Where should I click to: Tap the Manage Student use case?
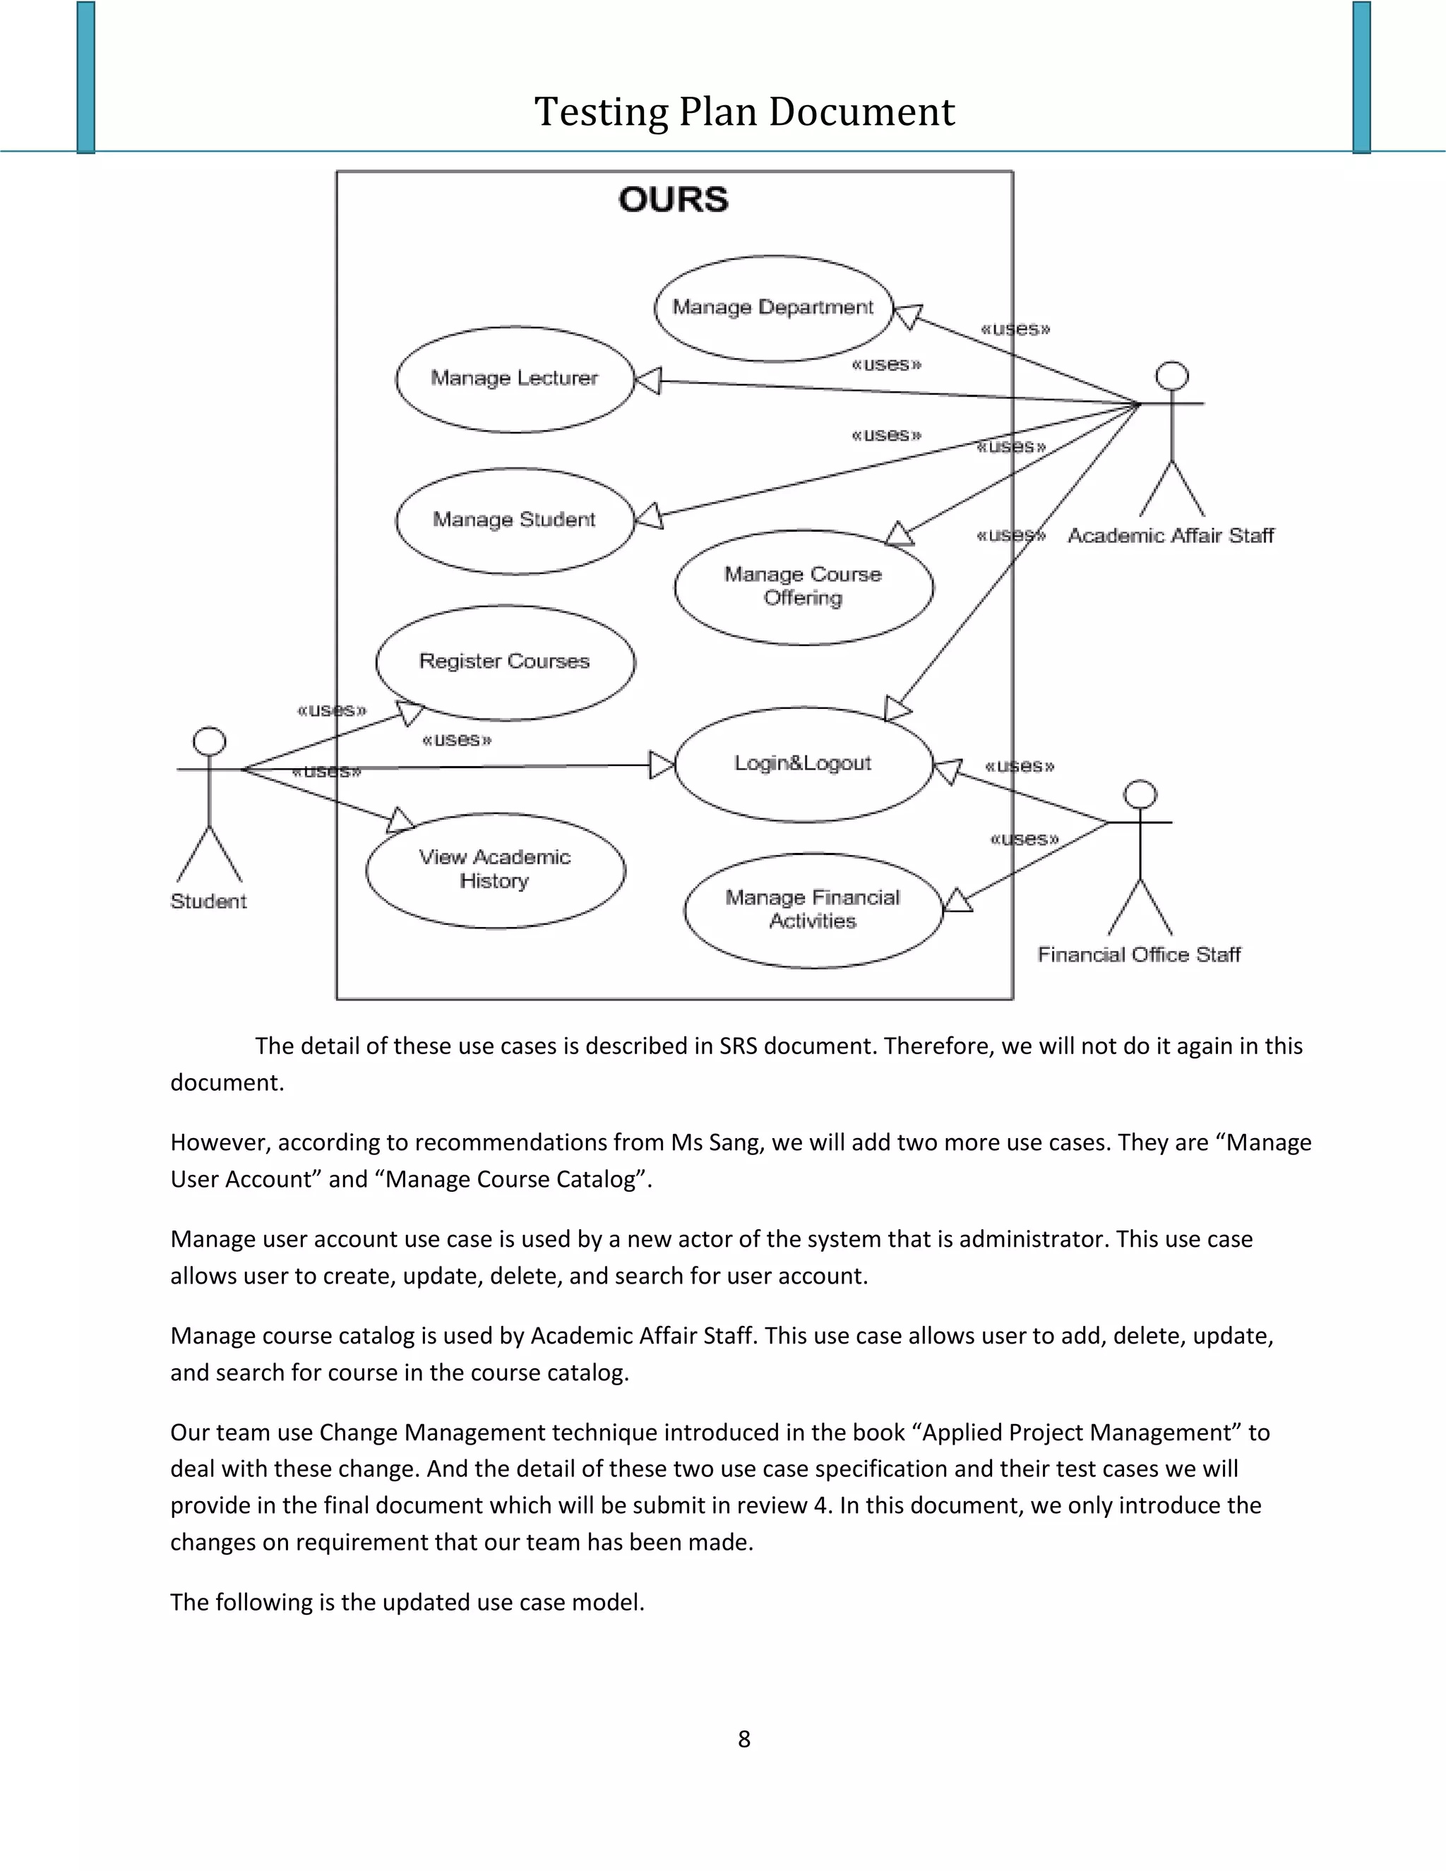pos(514,520)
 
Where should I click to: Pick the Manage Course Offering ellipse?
pos(803,587)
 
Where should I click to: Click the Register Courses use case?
pos(505,662)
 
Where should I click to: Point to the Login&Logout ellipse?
pos(803,763)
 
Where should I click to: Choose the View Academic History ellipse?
pos(495,870)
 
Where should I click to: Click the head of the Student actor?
pos(209,741)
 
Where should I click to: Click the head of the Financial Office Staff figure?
pos(1140,794)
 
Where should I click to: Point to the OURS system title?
pos(674,200)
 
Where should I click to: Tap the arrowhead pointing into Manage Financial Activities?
pos(956,902)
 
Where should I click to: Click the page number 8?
pos(743,1739)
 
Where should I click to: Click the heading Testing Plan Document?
pos(743,112)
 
